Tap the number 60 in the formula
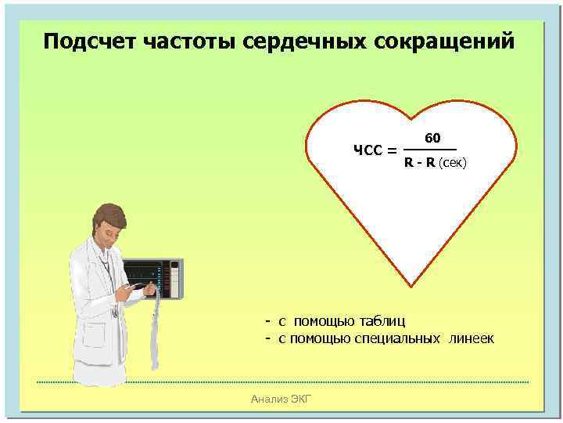[x=433, y=139]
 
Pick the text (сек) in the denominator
[x=453, y=163]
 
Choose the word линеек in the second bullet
[x=472, y=338]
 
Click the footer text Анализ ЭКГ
[x=281, y=399]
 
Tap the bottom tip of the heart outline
[x=409, y=286]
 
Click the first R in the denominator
[x=409, y=163]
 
